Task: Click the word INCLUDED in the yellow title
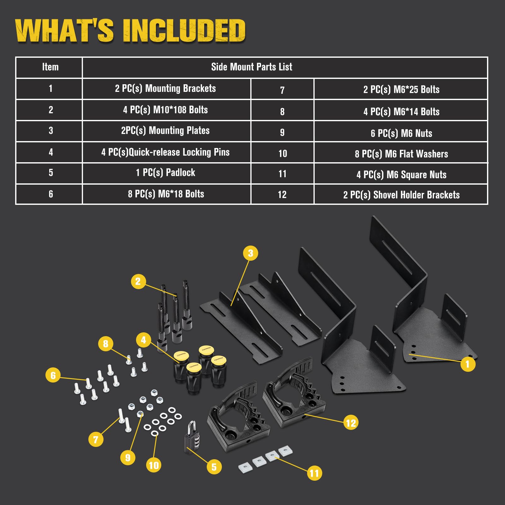click(x=184, y=31)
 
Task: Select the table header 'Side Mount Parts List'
click(x=252, y=67)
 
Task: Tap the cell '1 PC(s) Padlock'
click(x=166, y=173)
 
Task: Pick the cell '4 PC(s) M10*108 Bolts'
click(x=166, y=110)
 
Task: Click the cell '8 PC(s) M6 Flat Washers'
click(x=401, y=154)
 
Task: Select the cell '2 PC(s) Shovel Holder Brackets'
click(x=401, y=195)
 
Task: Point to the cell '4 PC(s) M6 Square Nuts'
click(x=401, y=175)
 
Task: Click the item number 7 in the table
click(x=282, y=90)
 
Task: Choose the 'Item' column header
click(x=50, y=67)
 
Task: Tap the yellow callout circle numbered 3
click(x=250, y=253)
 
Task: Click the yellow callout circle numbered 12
click(x=351, y=423)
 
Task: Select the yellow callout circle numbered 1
click(x=468, y=364)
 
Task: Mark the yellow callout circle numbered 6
click(x=53, y=375)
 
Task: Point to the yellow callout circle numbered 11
click(x=314, y=473)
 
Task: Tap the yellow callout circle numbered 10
click(x=154, y=465)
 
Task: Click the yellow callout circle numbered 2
click(x=138, y=281)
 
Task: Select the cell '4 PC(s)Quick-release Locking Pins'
click(x=166, y=152)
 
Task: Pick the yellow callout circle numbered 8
click(x=105, y=343)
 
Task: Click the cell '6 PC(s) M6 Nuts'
click(x=401, y=133)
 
